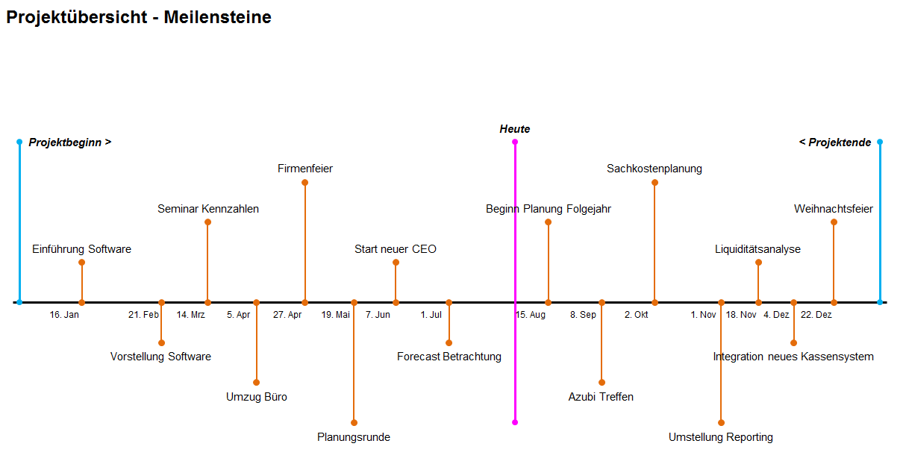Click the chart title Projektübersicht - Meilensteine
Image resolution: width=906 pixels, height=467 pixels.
pyautogui.click(x=139, y=17)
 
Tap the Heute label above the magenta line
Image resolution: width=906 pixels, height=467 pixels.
pyautogui.click(x=514, y=129)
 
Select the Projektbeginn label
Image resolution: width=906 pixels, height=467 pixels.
pyautogui.click(x=70, y=142)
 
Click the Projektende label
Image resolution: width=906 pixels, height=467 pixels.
pyautogui.click(x=835, y=142)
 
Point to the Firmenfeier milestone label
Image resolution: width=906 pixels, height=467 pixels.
pyautogui.click(x=305, y=169)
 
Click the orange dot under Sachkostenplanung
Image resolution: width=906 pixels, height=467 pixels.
pyautogui.click(x=654, y=183)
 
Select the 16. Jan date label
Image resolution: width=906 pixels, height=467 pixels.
pyautogui.click(x=64, y=315)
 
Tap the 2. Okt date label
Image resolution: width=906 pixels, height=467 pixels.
pyautogui.click(x=637, y=315)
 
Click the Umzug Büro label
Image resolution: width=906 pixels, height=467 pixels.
pyautogui.click(x=257, y=397)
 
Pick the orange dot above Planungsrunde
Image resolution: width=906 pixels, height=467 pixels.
pyautogui.click(x=354, y=422)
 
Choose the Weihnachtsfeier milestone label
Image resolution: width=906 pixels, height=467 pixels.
pyautogui.click(x=833, y=209)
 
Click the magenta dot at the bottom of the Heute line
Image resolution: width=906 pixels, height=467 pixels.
pyautogui.click(x=515, y=422)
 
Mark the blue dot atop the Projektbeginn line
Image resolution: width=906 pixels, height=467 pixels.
pyautogui.click(x=19, y=142)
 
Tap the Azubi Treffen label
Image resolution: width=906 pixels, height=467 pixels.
pyautogui.click(x=601, y=397)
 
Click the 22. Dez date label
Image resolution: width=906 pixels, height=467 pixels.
pyautogui.click(x=816, y=315)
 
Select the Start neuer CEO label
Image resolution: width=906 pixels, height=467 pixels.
pyautogui.click(x=395, y=249)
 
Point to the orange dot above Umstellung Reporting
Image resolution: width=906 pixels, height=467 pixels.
pyautogui.click(x=721, y=422)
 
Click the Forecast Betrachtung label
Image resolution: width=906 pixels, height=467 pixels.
pyautogui.click(x=449, y=357)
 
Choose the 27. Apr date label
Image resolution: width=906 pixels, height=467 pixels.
pyautogui.click(x=287, y=315)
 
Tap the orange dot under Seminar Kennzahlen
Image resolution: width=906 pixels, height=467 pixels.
pyautogui.click(x=208, y=222)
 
